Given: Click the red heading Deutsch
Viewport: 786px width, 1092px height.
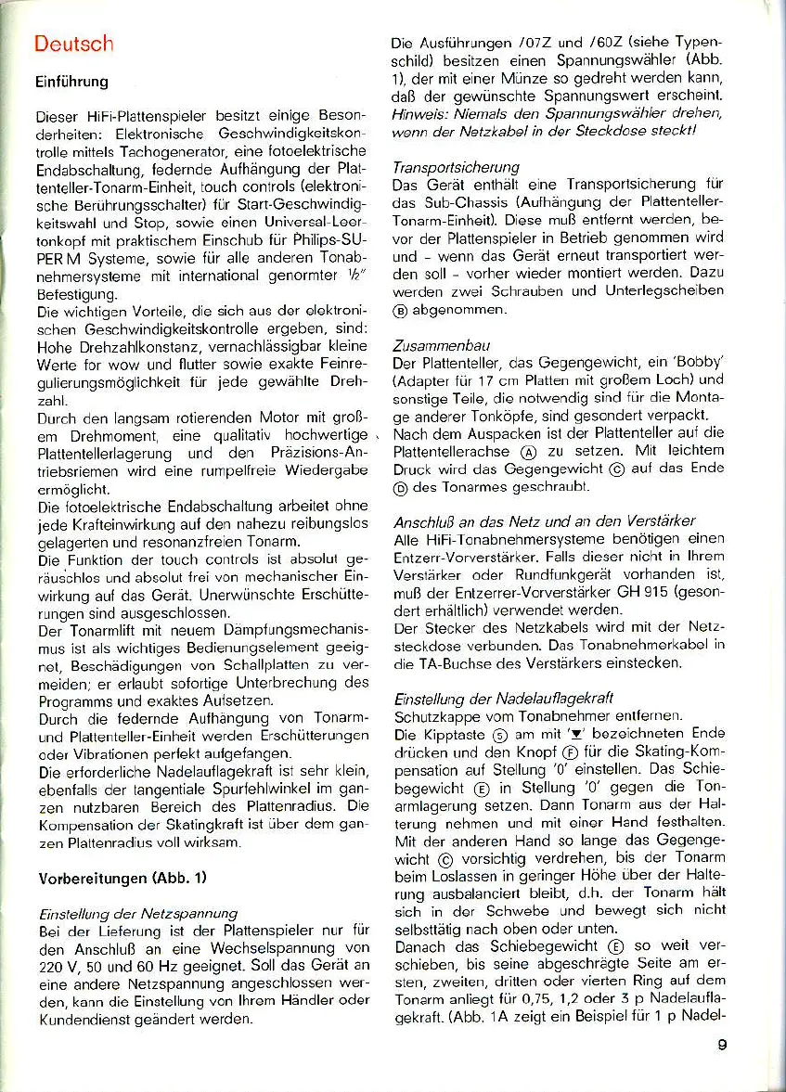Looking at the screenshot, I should (72, 44).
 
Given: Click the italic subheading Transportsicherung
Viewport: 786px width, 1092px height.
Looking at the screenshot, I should (455, 168).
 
